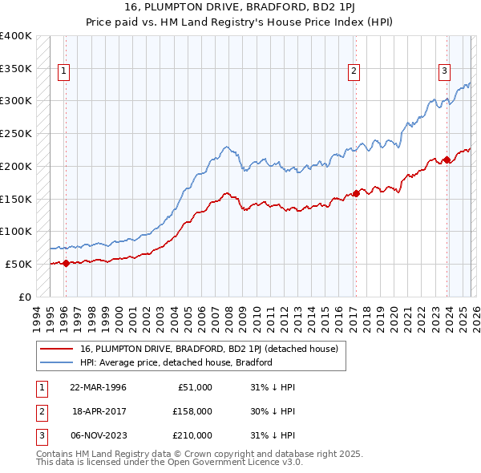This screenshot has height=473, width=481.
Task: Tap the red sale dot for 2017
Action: [356, 193]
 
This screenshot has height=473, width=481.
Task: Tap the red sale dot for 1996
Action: [66, 263]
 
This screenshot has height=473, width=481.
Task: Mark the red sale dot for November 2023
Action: [447, 160]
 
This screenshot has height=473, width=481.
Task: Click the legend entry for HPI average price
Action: [176, 362]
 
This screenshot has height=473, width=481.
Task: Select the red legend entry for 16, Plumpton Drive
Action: [208, 349]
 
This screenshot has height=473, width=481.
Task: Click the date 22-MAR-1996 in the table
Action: [98, 387]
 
